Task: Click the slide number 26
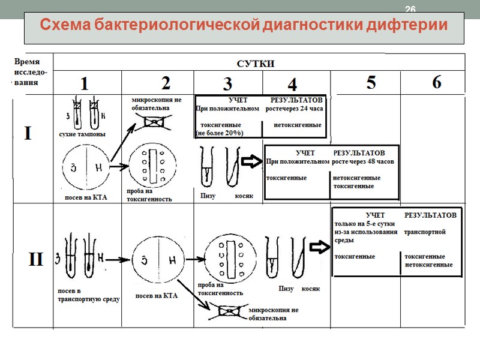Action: point(410,9)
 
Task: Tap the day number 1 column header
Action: point(85,83)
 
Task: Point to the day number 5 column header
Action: point(371,83)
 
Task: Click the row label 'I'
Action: point(28,134)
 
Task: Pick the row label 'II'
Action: point(36,260)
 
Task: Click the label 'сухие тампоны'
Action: point(82,134)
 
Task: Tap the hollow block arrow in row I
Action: point(251,161)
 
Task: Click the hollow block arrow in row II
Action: point(318,247)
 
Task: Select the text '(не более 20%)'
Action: point(220,133)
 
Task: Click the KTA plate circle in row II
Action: point(158,260)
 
